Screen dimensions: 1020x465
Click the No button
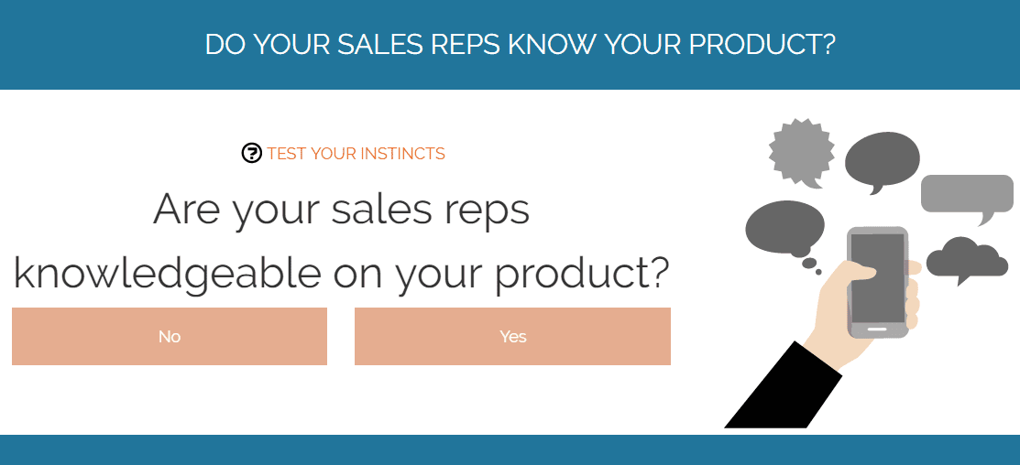pos(170,337)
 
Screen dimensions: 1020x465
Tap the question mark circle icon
pos(251,153)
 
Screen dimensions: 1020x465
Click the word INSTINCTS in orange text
pos(402,154)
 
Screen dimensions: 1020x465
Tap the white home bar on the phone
pos(877,329)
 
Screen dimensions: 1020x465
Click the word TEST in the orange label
pos(287,154)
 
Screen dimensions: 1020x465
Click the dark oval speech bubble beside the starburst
pos(883,161)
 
